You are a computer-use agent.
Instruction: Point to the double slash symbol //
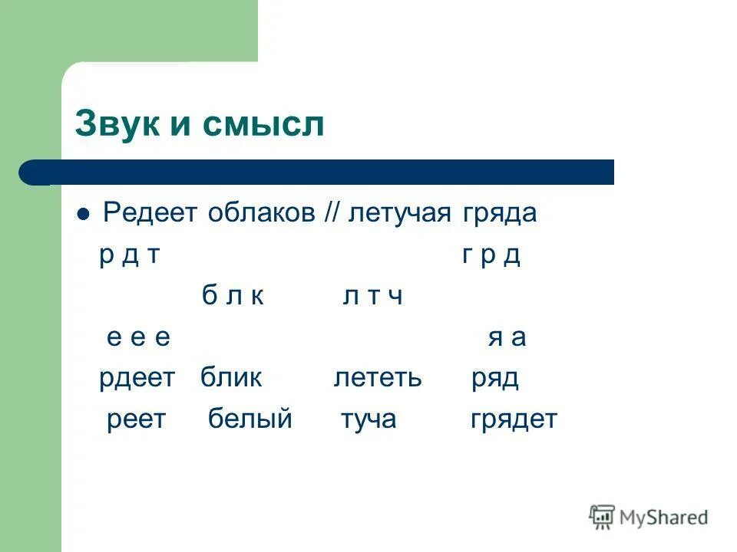332,213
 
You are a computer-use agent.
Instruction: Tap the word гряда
499,213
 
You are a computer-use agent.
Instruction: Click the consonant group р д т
129,255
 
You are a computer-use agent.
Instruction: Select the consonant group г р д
491,255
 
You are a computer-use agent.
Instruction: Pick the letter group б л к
233,296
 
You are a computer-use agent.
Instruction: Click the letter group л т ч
372,296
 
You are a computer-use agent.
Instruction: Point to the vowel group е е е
138,337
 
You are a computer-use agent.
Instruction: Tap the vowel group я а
507,337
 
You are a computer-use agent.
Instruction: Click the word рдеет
137,378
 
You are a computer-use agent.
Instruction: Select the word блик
231,378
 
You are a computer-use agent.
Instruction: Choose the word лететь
378,378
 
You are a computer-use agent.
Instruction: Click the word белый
250,419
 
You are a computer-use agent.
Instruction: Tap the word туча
368,419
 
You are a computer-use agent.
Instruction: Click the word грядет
514,419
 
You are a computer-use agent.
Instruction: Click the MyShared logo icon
602,517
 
